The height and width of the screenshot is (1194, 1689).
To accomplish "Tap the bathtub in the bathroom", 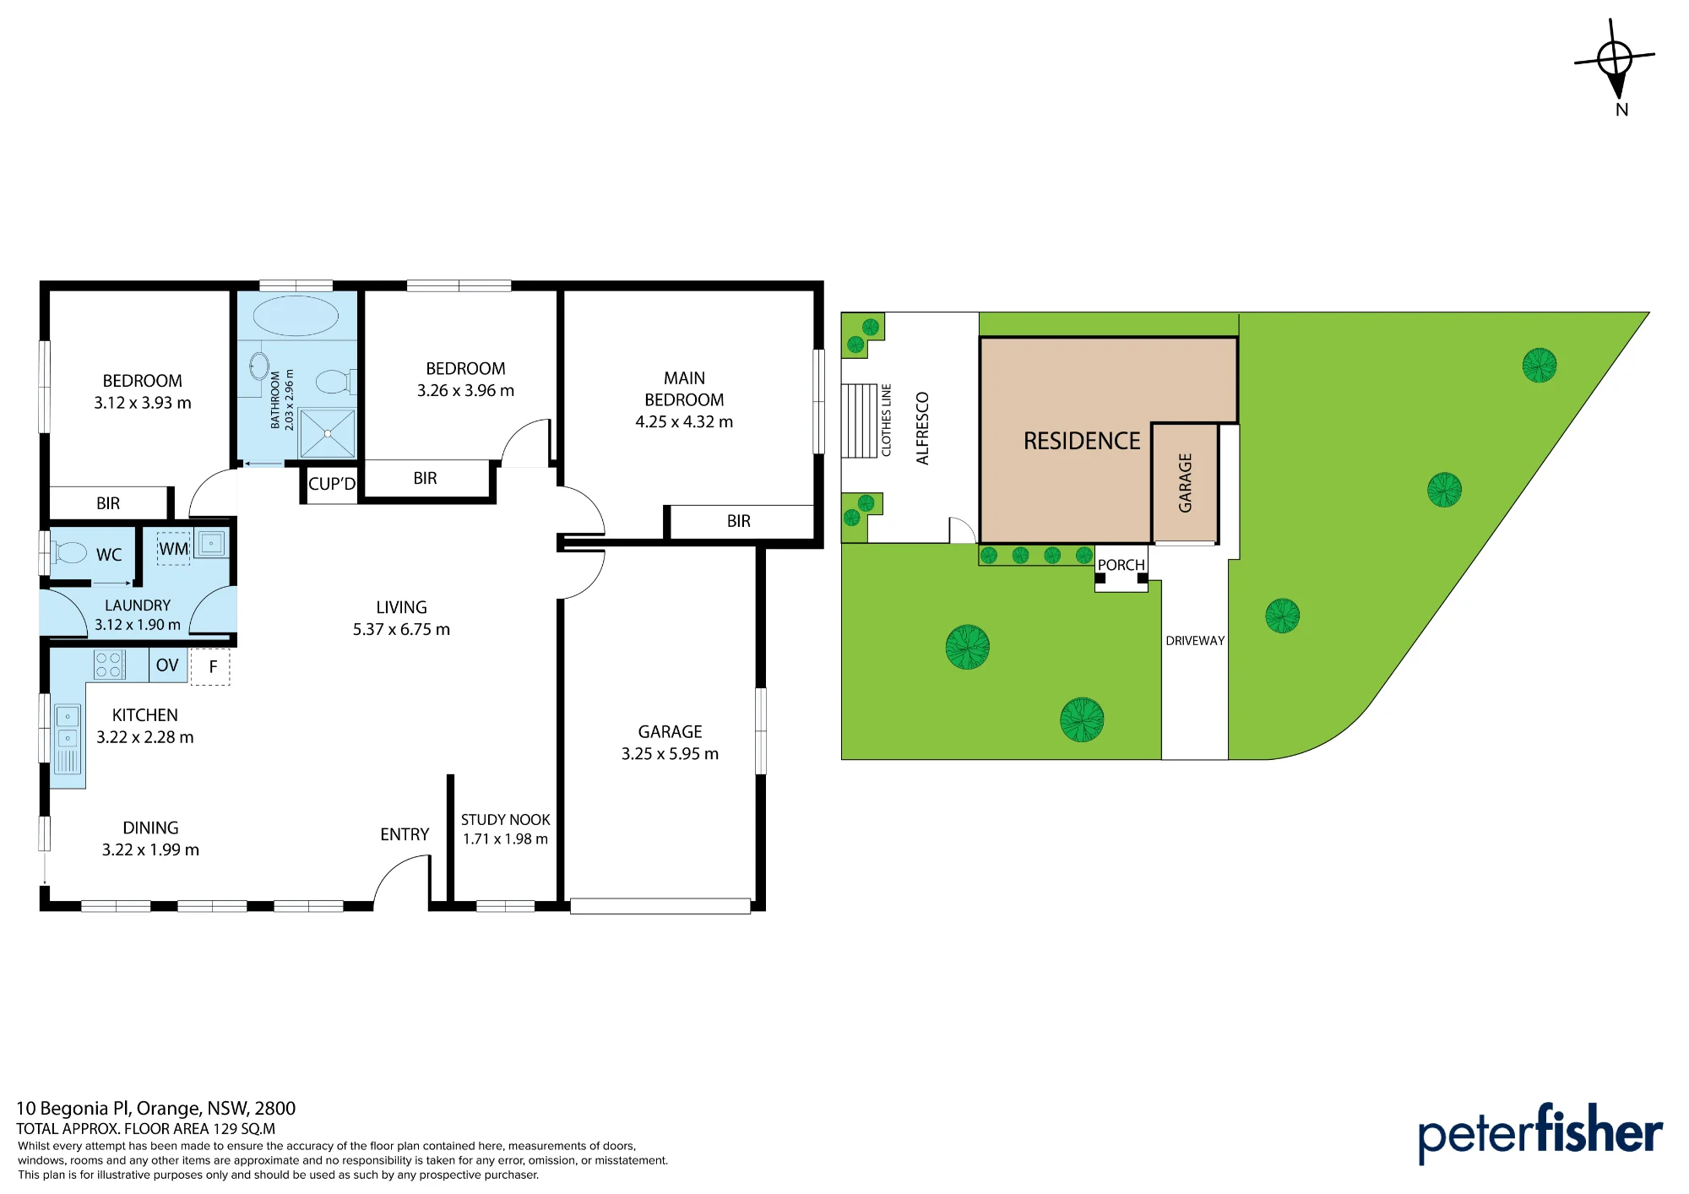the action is (x=296, y=316).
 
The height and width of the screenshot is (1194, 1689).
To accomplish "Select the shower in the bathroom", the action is (x=328, y=433).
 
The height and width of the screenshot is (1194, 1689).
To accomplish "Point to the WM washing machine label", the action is (x=174, y=549).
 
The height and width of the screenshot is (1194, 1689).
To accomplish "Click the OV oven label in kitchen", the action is (x=167, y=665).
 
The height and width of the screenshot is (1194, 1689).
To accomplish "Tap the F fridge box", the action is (x=210, y=667).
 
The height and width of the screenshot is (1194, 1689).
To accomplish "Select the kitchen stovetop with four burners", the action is (x=109, y=665).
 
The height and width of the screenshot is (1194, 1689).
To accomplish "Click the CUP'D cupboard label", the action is (x=332, y=484).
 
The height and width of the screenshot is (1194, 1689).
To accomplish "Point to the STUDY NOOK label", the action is (x=505, y=820).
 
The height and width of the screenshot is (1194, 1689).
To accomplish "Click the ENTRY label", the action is (x=405, y=834).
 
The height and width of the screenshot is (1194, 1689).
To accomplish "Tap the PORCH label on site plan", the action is (x=1121, y=565).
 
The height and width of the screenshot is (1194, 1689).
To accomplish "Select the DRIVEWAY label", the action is (x=1195, y=641).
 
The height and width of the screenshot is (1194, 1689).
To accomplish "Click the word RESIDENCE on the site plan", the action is (x=1082, y=441).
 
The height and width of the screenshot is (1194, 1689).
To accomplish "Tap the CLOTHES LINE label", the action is (x=886, y=421).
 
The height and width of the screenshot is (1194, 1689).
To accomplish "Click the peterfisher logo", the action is (x=1540, y=1133).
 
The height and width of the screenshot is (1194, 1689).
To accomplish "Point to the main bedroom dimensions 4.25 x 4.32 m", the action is (x=684, y=421).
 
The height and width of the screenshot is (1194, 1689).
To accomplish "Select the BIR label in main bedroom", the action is (x=739, y=521).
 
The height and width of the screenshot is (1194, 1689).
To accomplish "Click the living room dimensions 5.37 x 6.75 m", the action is (x=401, y=629).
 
